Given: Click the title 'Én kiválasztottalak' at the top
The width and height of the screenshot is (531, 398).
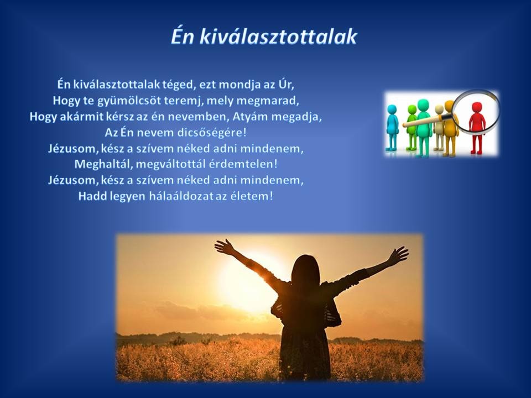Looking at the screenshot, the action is click(264, 37).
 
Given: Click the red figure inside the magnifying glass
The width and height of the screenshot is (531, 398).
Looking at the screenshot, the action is click(477, 128).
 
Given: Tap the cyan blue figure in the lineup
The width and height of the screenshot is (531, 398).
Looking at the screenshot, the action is click(392, 128).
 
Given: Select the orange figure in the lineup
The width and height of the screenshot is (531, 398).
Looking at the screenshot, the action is click(451, 128).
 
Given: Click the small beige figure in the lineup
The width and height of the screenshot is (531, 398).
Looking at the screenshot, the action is click(439, 128).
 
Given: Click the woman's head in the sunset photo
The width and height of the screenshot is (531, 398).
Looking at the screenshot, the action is click(306, 269).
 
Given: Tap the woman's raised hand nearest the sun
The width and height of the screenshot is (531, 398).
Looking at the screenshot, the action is click(224, 247).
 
